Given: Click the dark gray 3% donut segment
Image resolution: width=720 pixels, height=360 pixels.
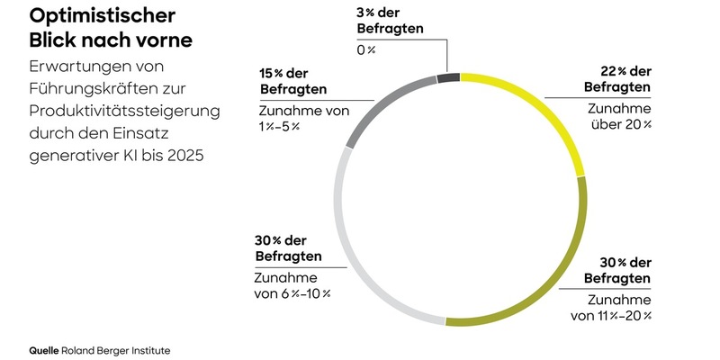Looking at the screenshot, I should (x=448, y=78).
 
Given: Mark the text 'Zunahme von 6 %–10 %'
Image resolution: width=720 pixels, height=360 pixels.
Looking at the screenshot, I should (x=292, y=285).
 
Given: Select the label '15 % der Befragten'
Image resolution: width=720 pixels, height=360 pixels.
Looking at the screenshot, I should (x=292, y=82).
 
